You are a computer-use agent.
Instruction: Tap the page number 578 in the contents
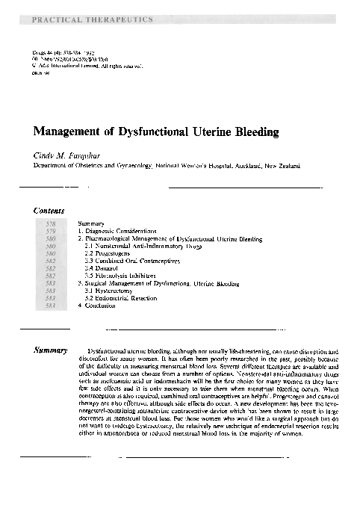[51, 224]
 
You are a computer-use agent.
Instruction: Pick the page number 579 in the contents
[51, 232]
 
